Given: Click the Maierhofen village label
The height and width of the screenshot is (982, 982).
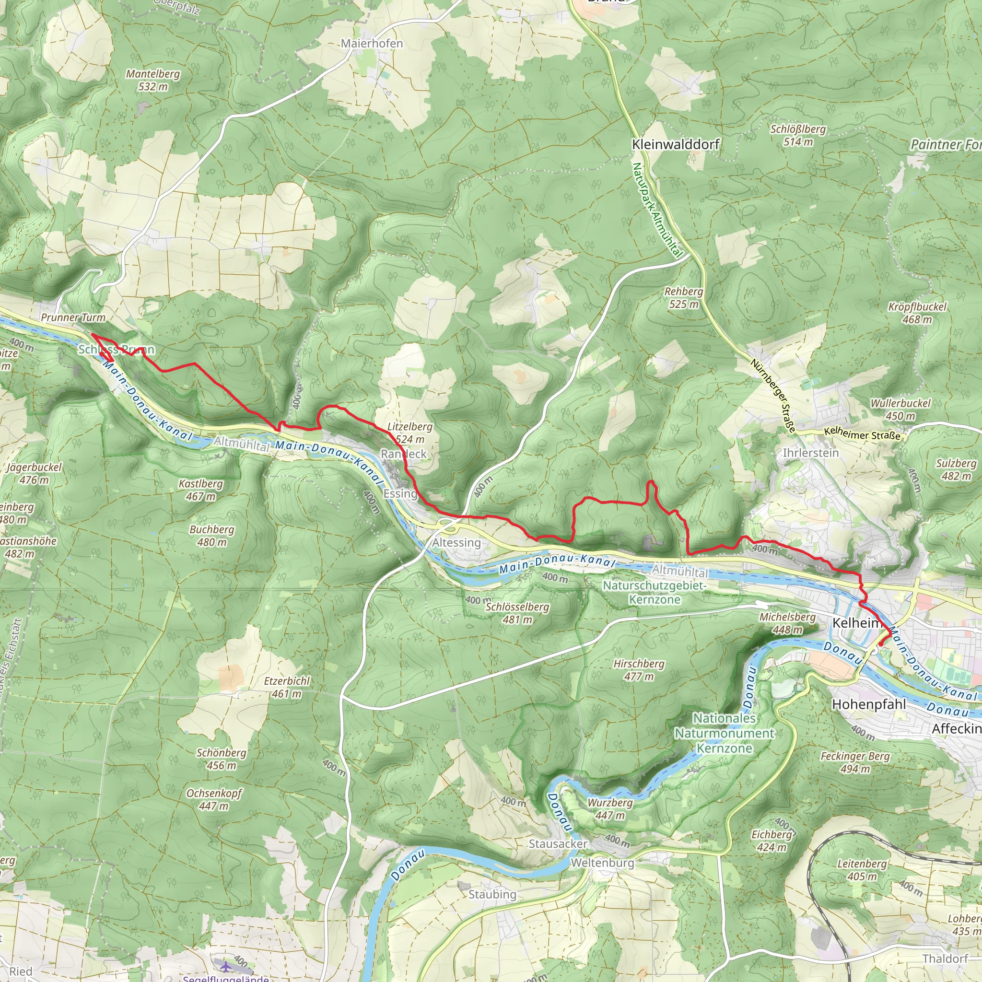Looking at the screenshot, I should [372, 44].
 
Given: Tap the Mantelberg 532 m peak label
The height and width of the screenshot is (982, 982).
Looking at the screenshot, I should [153, 80].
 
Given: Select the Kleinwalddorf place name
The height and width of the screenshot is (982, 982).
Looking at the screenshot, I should [675, 144].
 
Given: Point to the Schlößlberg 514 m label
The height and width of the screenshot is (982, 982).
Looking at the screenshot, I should [798, 135].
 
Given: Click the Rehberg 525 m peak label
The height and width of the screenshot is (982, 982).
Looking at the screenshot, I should [684, 298].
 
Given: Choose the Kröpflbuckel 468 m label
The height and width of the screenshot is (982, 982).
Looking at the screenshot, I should [917, 313].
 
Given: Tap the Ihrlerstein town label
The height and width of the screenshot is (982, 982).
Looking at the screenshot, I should [810, 452].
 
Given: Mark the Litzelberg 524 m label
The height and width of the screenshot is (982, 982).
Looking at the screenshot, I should [409, 433].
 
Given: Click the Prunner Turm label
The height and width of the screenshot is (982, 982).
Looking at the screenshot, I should [73, 318].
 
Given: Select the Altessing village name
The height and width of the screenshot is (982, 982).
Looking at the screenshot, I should [456, 542].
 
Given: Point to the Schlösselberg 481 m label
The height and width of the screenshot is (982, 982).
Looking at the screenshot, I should [517, 613].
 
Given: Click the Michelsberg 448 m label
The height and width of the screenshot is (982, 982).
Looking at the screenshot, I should [787, 623].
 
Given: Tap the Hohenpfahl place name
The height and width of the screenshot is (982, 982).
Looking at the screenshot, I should [869, 704].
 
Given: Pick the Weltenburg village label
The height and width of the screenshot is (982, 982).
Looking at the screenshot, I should [602, 863].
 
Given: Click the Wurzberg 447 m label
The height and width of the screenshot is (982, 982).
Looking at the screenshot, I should [610, 809].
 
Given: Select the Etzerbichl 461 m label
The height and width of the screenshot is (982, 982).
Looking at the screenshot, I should [287, 687].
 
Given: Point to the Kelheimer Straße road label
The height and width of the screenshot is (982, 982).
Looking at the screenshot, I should [862, 434].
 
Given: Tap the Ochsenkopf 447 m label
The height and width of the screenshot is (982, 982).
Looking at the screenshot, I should [213, 799].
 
